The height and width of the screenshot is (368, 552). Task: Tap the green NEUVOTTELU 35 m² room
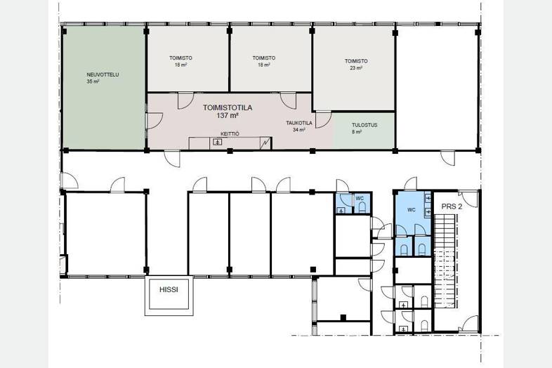pos(103,87)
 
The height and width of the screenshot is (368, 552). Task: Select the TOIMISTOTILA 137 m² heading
pos(228,111)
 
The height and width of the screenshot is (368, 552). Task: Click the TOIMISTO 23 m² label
pos(356,64)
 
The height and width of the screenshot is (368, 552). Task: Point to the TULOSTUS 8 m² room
pos(364,131)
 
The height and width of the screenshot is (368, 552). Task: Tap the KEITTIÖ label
pos(230,134)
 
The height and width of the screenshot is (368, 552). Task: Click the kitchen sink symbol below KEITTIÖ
pos(218,143)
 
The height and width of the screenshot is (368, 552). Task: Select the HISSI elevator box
pos(169,296)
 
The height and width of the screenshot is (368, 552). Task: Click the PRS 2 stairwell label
pos(452,206)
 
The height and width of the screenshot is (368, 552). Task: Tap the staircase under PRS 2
pos(447,261)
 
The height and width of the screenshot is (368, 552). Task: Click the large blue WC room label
pos(411,210)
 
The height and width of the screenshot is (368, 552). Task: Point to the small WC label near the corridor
pos(360,199)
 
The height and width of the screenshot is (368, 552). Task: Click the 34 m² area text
pos(299,130)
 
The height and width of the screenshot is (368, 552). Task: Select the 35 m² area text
pos(93,81)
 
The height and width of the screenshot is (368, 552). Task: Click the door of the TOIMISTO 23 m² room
pos(323,119)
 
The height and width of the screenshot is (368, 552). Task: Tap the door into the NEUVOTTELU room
pos(155,121)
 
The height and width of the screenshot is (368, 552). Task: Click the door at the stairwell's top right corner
pos(468,199)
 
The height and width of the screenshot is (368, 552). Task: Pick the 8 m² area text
pos(357,132)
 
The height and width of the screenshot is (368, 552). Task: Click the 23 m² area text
pos(356,67)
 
